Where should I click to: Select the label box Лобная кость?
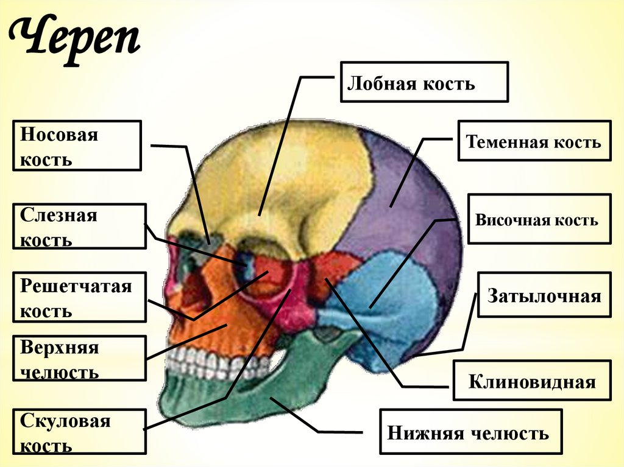pyautogui.click(x=424, y=82)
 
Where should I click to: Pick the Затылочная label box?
pyautogui.click(x=544, y=295)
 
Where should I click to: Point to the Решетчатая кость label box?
pyautogui.click(x=80, y=297)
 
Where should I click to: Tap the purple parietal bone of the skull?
pyautogui.click(x=414, y=201)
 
